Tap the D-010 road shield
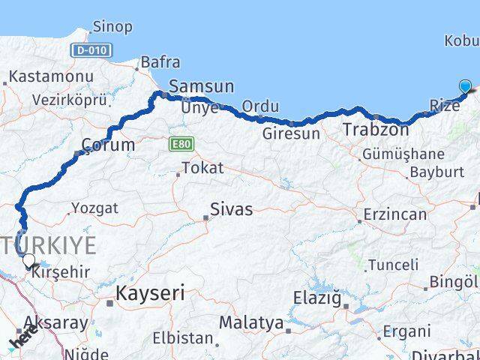tap(92, 50)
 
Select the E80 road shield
tap(181, 143)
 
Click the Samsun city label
tap(201, 86)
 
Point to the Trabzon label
tap(376, 130)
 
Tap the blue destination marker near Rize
tap(466, 87)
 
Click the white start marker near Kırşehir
tap(28, 261)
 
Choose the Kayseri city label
tap(150, 293)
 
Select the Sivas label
tap(231, 209)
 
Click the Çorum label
tap(108, 145)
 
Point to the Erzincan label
tap(394, 214)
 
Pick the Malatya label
tap(251, 323)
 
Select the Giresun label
tap(291, 134)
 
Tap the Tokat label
tap(202, 168)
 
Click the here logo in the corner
tap(22, 341)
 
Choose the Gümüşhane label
tap(403, 154)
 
